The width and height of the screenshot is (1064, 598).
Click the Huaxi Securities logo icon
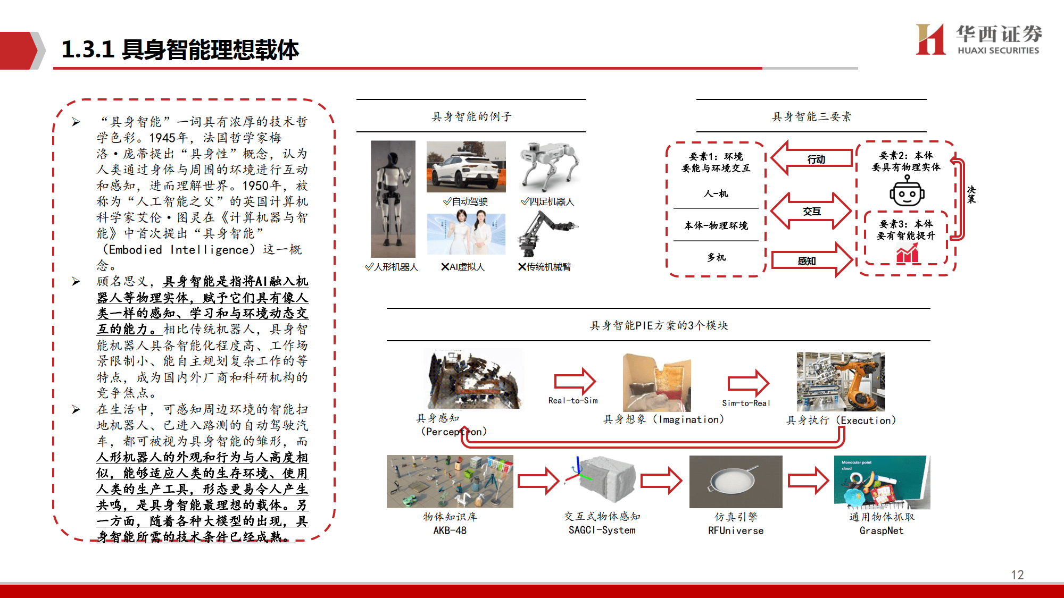pos(930,39)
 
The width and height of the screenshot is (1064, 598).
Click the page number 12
pos(1017,575)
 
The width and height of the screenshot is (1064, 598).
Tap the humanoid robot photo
pos(393,199)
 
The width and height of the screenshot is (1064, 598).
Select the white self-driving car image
pos(466,167)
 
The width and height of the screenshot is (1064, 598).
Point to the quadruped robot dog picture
pos(548,167)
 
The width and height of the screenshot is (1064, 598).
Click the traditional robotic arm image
pos(547,234)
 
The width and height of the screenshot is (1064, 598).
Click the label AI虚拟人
pos(463,267)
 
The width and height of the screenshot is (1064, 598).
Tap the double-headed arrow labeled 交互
pos(811,211)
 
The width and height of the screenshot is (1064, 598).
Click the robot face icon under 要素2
pos(907,192)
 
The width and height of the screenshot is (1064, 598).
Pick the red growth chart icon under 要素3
pos(907,254)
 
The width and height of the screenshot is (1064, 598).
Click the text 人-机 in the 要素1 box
pos(716,193)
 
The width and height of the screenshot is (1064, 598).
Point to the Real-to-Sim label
pos(573,400)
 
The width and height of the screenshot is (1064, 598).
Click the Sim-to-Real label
pos(746,403)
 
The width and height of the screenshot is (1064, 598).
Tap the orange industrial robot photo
pos(841,382)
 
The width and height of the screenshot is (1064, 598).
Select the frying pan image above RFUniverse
pos(735,482)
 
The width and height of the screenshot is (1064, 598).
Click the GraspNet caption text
pos(881,530)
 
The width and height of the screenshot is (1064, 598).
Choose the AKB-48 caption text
pos(450,530)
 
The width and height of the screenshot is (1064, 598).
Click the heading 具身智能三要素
pos(811,116)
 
